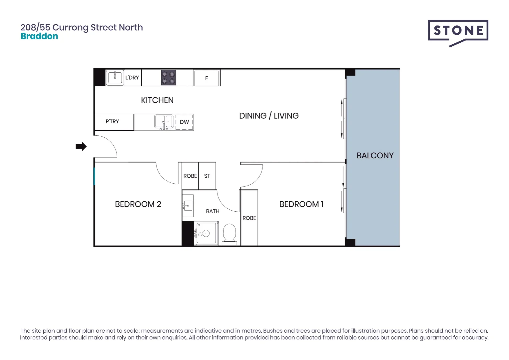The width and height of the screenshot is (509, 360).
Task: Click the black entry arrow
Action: point(81,146)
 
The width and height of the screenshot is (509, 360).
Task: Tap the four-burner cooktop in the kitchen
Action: point(168,78)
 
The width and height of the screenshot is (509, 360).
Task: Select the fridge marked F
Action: point(207,78)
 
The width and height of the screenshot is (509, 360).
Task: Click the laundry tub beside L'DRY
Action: point(115,78)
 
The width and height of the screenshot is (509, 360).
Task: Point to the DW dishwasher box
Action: point(184,122)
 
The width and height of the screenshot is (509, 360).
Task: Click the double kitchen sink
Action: point(164,122)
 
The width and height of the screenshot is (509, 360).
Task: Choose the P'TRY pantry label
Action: point(112,122)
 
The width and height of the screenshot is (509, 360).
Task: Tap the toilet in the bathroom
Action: point(229,233)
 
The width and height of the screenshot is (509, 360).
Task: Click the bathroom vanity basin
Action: point(188,206)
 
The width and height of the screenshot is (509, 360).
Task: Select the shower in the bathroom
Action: point(206,233)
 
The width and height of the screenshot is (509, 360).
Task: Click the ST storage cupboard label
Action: point(207,176)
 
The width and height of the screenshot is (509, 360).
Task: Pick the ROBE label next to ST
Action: point(190,176)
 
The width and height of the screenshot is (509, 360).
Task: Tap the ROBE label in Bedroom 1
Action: point(249,218)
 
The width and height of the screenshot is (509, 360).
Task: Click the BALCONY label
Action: point(375,156)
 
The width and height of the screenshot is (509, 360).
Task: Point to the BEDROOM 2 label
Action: point(138,204)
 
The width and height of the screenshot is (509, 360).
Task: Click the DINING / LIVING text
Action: point(269,116)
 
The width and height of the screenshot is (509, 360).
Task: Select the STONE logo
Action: point(458,31)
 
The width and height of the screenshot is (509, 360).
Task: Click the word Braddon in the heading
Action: point(39,36)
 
